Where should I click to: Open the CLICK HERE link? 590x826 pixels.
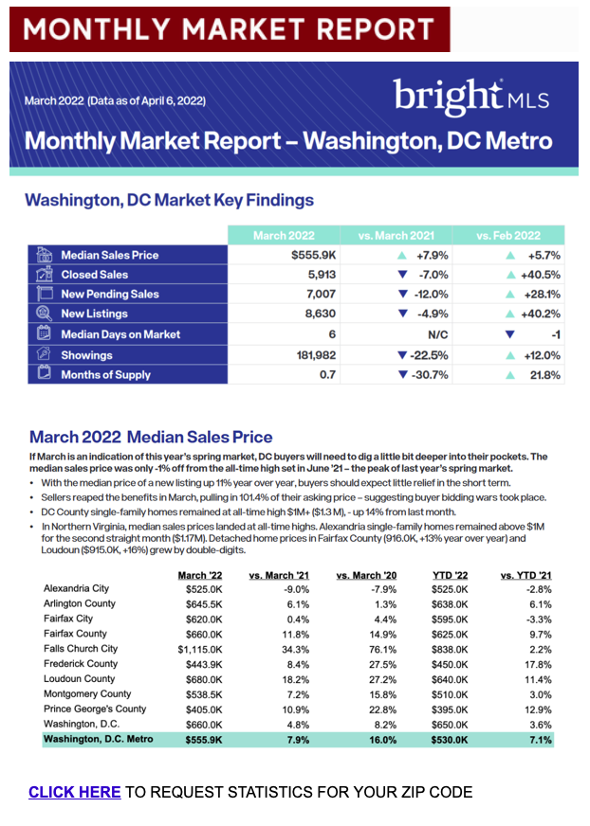(x=74, y=792)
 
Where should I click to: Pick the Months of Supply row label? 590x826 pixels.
(x=105, y=374)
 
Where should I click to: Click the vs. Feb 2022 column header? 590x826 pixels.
(x=507, y=235)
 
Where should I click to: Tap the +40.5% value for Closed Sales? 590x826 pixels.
(x=538, y=275)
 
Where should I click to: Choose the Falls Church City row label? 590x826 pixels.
(x=81, y=649)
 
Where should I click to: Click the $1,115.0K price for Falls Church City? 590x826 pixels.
(x=201, y=649)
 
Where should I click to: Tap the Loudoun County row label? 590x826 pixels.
(x=78, y=679)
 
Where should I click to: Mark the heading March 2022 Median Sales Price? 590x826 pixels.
(x=151, y=438)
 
